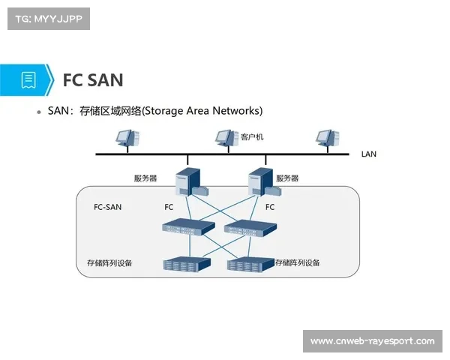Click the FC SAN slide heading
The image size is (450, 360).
tap(93, 79)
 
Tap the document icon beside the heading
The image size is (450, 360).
tap(28, 79)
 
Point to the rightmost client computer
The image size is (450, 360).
tap(325, 138)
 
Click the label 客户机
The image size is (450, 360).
tap(252, 137)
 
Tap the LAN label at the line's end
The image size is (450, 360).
tap(368, 154)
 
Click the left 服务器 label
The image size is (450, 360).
tap(145, 178)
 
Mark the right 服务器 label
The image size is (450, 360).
tap(287, 178)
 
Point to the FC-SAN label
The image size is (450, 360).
tap(107, 206)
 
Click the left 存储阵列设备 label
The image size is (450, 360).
tap(110, 263)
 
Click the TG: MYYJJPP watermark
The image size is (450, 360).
tap(48, 19)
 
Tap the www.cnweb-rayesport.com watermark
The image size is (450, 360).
tap(372, 341)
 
